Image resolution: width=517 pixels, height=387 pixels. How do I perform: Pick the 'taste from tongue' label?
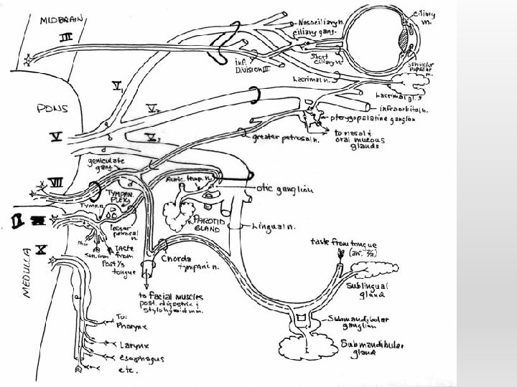344,243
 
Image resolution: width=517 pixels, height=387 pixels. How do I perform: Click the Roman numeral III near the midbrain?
65,36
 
